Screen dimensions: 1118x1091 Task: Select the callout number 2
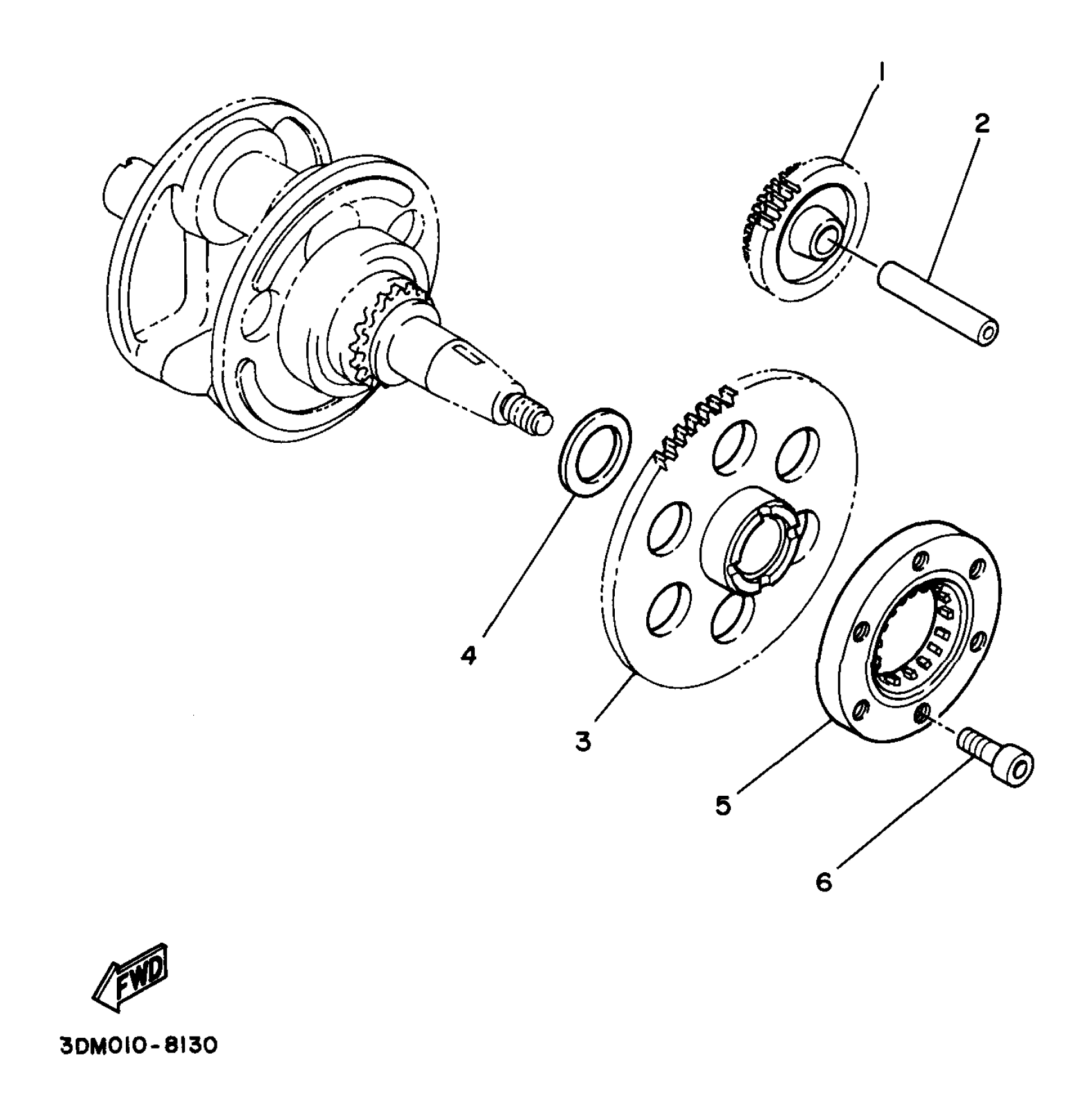click(981, 124)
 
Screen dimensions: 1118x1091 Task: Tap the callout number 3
click(583, 741)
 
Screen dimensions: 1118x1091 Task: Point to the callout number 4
click(469, 655)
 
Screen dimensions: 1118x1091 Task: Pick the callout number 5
click(724, 805)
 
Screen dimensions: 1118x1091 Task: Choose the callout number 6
click(823, 882)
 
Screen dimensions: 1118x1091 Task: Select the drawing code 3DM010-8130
click(139, 1045)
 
